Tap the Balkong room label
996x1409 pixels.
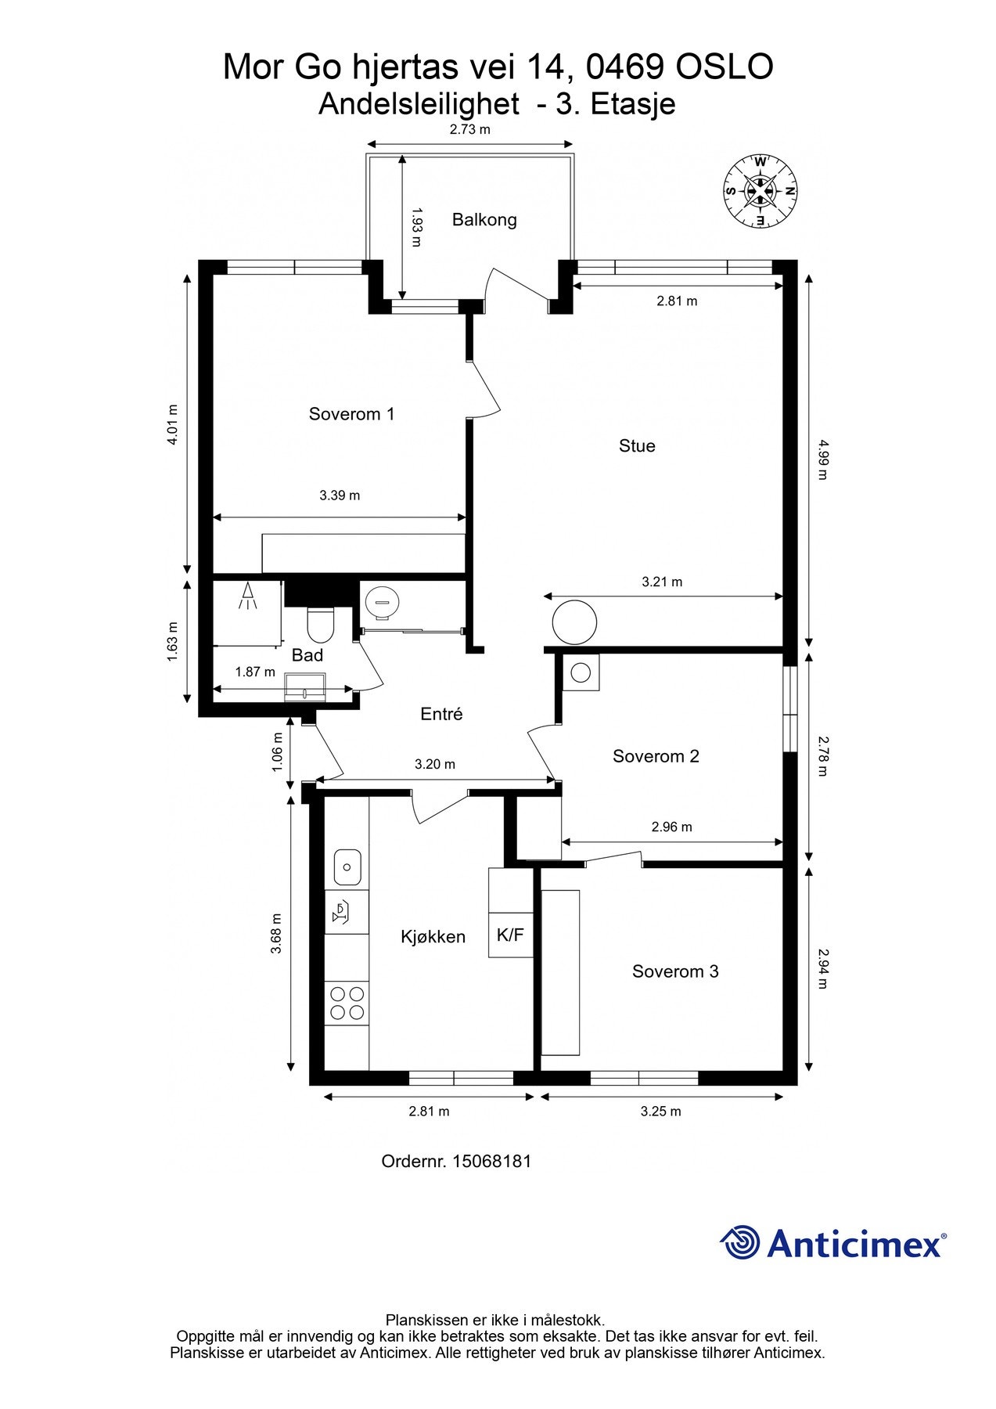[x=484, y=220]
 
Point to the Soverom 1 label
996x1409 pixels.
[x=351, y=414]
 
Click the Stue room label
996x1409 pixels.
[x=637, y=446]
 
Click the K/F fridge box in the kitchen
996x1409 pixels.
[x=510, y=935]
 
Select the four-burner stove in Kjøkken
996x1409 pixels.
[x=347, y=1003]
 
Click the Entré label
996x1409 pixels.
[x=441, y=714]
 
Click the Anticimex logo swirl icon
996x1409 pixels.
[x=740, y=1242]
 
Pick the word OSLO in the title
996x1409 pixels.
[x=725, y=67]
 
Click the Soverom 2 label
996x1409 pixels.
[x=656, y=756]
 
